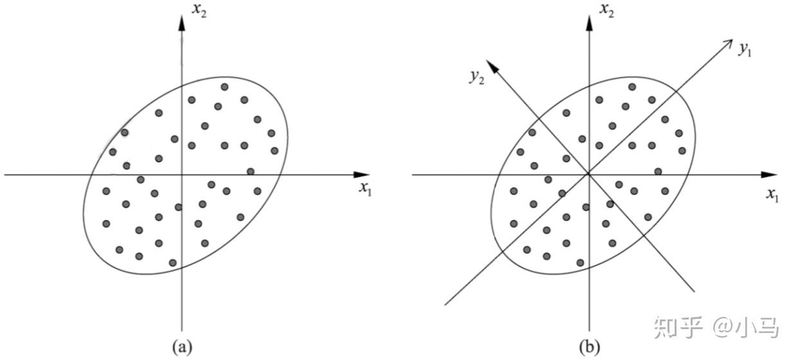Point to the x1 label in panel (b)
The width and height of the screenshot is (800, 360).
click(x=772, y=194)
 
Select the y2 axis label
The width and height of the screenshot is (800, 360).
click(x=476, y=77)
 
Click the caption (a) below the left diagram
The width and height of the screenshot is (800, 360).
click(x=182, y=347)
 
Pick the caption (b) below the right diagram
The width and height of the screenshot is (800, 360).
click(x=589, y=347)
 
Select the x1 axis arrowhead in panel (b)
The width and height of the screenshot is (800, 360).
click(x=770, y=174)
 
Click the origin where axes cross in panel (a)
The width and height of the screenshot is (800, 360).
click(x=182, y=174)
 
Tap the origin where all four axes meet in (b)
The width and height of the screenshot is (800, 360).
click(x=588, y=174)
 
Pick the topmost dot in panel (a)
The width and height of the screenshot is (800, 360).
click(x=224, y=87)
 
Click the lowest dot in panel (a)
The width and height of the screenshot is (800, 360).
click(x=172, y=262)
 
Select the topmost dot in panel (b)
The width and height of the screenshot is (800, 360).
click(x=632, y=87)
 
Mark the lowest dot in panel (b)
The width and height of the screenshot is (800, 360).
click(x=580, y=262)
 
